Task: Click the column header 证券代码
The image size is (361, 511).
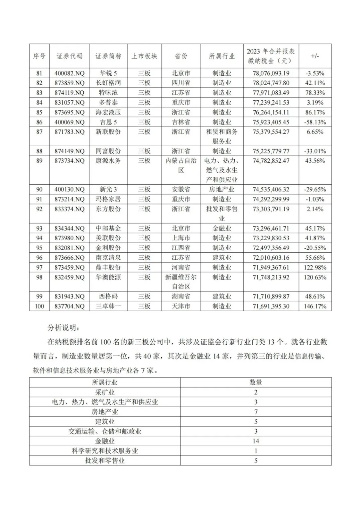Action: click(x=69, y=56)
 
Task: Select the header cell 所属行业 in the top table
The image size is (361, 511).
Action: click(x=222, y=56)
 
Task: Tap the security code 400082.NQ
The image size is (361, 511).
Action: click(x=70, y=73)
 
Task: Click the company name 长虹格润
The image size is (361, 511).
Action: click(x=108, y=83)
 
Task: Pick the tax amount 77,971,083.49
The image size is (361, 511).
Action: click(x=271, y=93)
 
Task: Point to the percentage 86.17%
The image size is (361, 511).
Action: click(x=315, y=112)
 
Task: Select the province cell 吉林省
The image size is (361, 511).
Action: click(x=181, y=122)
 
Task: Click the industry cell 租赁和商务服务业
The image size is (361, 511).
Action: click(x=222, y=137)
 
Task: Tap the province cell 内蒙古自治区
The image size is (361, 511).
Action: click(x=181, y=165)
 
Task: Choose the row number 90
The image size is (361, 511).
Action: click(x=39, y=189)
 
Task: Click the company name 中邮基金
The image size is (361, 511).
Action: click(x=108, y=229)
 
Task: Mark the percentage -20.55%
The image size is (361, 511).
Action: click(x=315, y=248)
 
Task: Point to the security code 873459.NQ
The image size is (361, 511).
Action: click(x=70, y=268)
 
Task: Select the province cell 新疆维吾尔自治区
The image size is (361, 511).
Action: click(x=181, y=282)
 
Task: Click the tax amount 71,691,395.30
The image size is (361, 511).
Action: click(x=271, y=306)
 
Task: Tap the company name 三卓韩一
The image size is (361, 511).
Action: click(x=108, y=306)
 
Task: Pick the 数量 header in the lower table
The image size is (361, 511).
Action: click(x=256, y=382)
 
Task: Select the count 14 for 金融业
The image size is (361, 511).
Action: click(x=256, y=441)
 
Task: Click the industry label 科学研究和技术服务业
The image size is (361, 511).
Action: click(x=105, y=451)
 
